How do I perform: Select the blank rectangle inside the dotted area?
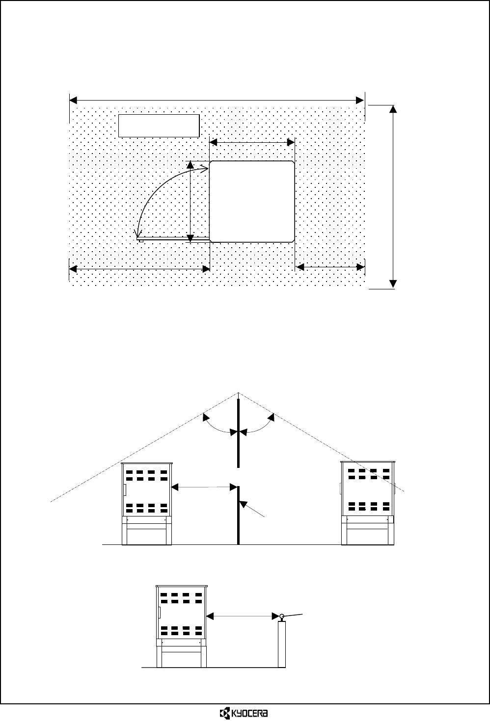click(159, 126)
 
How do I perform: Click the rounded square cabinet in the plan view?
click(252, 201)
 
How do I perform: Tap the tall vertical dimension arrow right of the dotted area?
click(393, 196)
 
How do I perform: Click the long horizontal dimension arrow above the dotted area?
click(217, 100)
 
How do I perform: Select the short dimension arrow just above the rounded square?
click(251, 142)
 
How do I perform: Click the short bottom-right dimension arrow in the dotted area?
click(330, 267)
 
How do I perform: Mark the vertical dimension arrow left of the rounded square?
click(191, 201)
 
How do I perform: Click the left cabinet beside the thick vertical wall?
click(147, 503)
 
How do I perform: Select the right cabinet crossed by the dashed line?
click(368, 503)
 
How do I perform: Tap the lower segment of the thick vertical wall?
click(239, 515)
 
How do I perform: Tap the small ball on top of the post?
click(282, 616)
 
